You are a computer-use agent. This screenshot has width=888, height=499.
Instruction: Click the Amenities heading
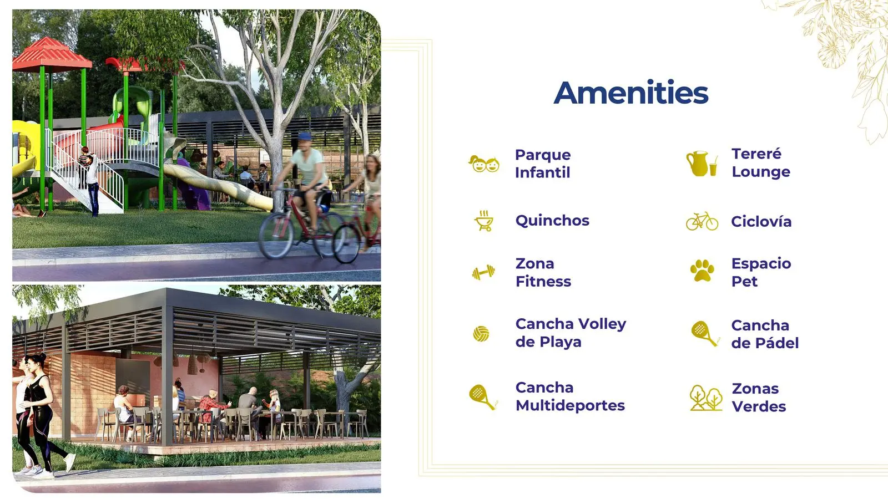coord(630,93)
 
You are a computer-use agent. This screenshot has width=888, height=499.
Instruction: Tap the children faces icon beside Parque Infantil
coord(483,164)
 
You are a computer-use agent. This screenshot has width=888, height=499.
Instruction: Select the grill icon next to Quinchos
coord(484,221)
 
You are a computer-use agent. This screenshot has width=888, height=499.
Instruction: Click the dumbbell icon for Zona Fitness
coord(483,272)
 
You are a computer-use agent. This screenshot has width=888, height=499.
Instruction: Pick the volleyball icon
coord(481,334)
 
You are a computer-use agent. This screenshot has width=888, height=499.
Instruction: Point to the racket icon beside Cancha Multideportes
coord(483,397)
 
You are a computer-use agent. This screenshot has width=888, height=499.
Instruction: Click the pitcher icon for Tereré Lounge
coord(702,163)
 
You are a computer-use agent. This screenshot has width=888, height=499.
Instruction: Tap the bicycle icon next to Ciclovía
coord(702,221)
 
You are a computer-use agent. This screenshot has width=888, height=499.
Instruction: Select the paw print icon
coord(702,271)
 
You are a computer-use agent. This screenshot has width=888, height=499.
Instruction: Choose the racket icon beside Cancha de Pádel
coord(705,333)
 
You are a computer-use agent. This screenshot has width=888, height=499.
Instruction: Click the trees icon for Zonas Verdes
coord(706,398)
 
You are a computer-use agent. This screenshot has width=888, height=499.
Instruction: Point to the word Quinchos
coord(552,221)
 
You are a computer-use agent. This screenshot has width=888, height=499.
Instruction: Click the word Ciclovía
coord(761,221)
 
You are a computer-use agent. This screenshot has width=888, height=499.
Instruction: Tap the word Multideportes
coord(570,405)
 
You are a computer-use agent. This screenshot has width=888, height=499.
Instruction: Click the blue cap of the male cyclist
coord(305,136)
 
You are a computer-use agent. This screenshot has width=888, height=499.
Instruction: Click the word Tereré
coord(756,153)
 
